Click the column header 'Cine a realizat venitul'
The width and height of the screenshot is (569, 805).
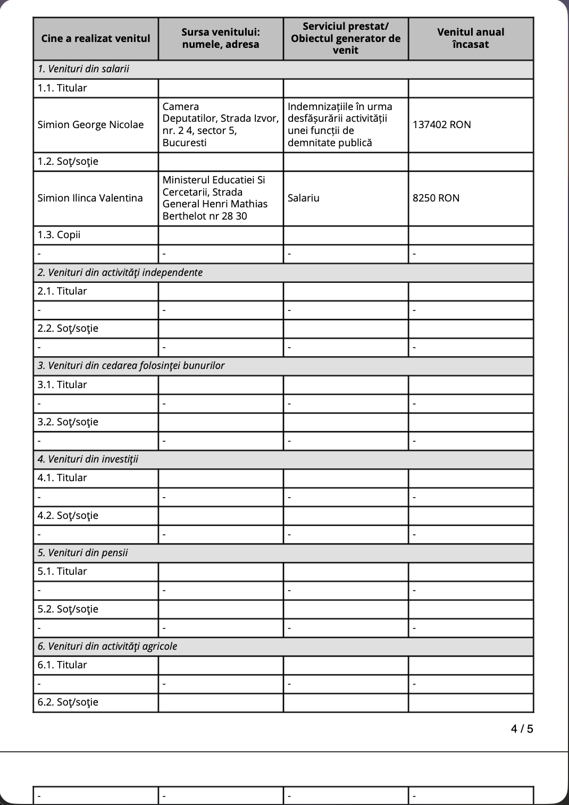click(x=96, y=38)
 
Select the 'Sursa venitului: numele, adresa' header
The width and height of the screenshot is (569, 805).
click(x=221, y=38)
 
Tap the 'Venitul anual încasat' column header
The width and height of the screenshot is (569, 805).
click(x=471, y=38)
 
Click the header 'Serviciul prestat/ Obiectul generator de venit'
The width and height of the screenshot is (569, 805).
click(x=346, y=38)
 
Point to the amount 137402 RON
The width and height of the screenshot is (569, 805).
click(x=441, y=125)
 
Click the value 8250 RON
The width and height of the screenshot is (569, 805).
click(x=436, y=198)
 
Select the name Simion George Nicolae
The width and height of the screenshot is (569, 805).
click(x=90, y=125)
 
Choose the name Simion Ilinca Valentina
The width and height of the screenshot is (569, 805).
click(x=90, y=198)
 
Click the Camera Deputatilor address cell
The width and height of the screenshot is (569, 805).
click(x=220, y=125)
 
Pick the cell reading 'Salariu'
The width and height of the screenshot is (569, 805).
click(x=304, y=198)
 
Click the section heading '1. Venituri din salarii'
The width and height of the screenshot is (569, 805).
click(x=83, y=69)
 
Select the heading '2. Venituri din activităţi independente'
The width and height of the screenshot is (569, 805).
click(x=120, y=273)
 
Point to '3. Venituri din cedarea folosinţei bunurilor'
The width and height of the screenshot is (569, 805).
click(x=131, y=366)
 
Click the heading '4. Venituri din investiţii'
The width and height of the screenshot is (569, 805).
click(x=88, y=459)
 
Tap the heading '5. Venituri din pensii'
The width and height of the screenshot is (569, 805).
click(x=82, y=553)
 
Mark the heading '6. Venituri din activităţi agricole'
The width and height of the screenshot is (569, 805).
click(x=107, y=647)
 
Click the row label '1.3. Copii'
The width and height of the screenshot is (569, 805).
click(x=58, y=235)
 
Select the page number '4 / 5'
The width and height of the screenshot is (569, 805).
click(x=522, y=729)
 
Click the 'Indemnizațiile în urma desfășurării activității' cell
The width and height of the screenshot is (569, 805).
click(x=340, y=125)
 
